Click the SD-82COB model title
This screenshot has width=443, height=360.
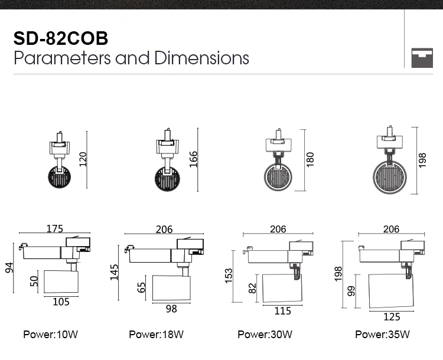click(x=61, y=38)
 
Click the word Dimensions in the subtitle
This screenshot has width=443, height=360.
click(x=201, y=58)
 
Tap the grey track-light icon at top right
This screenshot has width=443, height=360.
click(x=422, y=58)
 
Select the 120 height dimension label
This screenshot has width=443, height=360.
click(x=83, y=159)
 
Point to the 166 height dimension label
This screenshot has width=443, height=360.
click(x=194, y=159)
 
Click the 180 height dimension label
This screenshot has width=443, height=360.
click(x=310, y=159)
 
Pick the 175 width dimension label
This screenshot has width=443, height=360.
click(x=55, y=228)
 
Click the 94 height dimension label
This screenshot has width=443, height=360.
click(x=9, y=268)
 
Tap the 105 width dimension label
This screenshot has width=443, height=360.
click(x=61, y=302)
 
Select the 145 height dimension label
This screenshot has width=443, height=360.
click(x=114, y=272)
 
